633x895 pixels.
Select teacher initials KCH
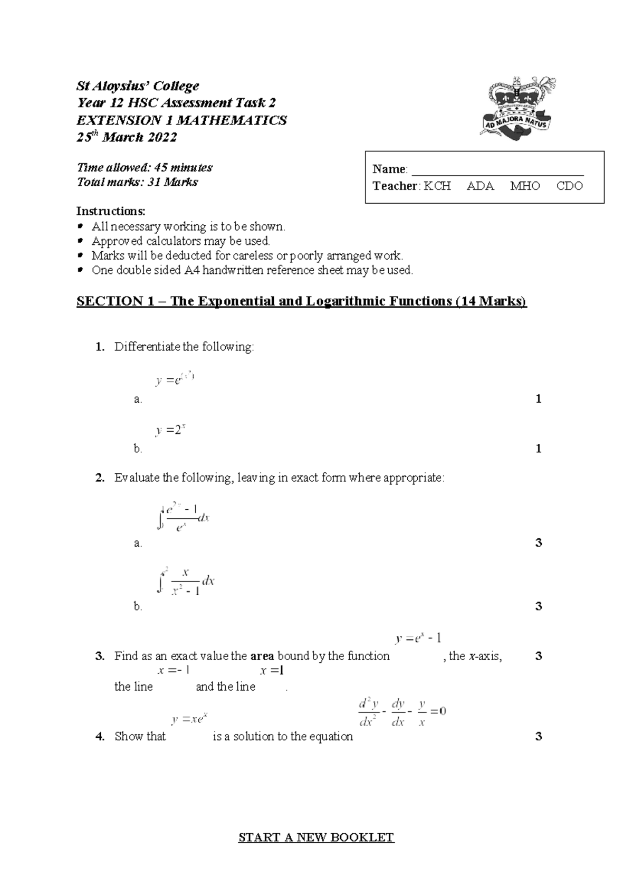click(x=437, y=186)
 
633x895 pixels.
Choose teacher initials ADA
click(x=480, y=186)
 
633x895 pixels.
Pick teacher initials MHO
click(x=525, y=186)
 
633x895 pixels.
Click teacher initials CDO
click(x=570, y=186)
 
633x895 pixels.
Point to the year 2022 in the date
click(x=161, y=138)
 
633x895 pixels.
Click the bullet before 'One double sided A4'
click(x=80, y=270)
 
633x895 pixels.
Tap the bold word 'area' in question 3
click(x=262, y=656)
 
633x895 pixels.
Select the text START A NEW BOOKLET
click(x=316, y=837)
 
